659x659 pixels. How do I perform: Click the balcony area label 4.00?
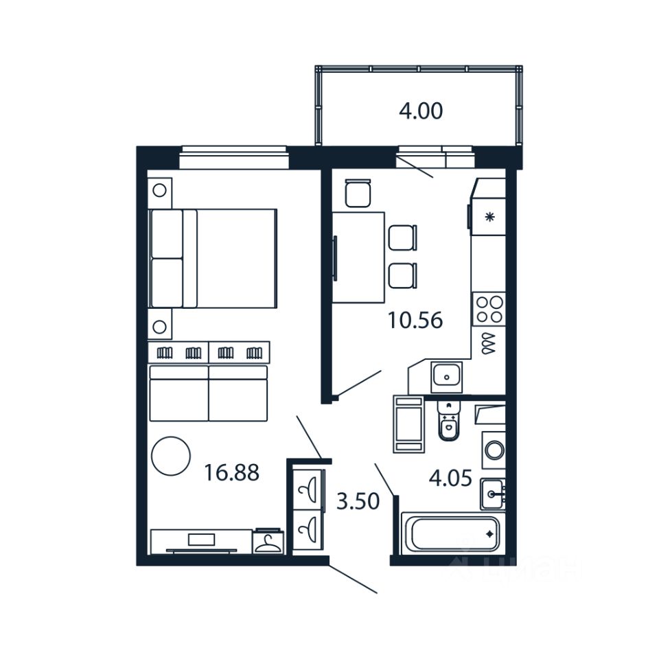point(421,111)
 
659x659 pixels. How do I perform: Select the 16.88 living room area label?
point(232,472)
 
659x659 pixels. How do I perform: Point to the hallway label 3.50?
point(358,502)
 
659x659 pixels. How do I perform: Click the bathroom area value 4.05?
point(450,478)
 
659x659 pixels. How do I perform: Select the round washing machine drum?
point(494,450)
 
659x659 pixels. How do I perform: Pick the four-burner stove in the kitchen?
point(489,309)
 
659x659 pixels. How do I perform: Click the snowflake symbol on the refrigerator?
point(489,218)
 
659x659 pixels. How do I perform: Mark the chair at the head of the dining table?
point(358,193)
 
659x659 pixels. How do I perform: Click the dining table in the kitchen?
point(358,257)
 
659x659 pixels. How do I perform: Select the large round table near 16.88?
point(170,456)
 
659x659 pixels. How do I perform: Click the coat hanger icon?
point(266,543)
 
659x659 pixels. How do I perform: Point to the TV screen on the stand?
point(201,540)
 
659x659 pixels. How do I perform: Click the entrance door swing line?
point(354,579)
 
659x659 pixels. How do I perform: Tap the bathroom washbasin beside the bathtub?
point(492,492)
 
